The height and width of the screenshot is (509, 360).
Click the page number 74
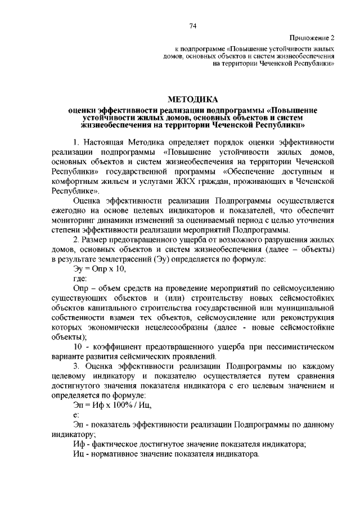(x=193, y=26)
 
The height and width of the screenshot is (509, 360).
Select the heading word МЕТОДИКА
(x=193, y=99)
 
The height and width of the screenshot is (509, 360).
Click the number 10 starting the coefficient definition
(x=78, y=347)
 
